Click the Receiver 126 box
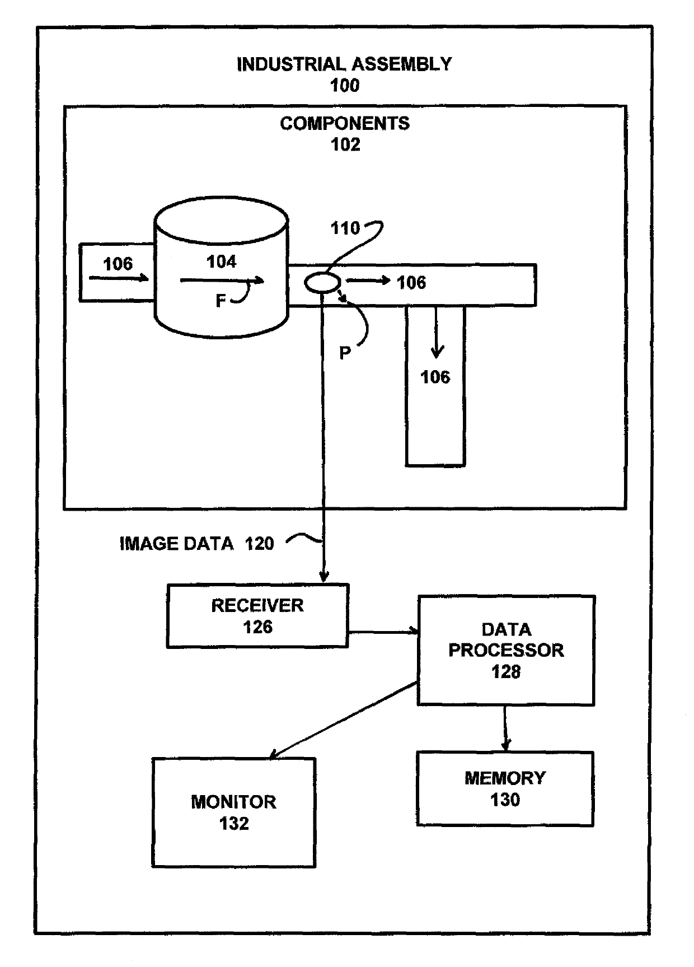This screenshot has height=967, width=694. point(257,616)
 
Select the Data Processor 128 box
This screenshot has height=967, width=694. point(506,650)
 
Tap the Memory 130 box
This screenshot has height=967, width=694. point(505,788)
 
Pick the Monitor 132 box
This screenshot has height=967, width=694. point(234,812)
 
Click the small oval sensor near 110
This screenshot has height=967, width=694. point(322,283)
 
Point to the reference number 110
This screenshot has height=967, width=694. point(345,228)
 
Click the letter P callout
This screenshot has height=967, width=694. point(345,353)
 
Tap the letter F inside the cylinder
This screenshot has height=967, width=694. point(221,301)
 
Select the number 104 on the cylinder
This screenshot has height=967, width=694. point(222,261)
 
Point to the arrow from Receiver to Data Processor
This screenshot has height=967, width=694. point(383,632)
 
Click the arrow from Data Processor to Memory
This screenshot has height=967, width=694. point(505,728)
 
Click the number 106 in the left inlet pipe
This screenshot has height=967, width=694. point(118,264)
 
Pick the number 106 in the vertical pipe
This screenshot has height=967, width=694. point(435,377)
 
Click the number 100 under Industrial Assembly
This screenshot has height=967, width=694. point(345,86)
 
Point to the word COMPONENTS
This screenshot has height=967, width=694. point(345,123)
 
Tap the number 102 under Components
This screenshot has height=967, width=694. point(345,144)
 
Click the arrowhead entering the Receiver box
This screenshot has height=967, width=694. point(323,577)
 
